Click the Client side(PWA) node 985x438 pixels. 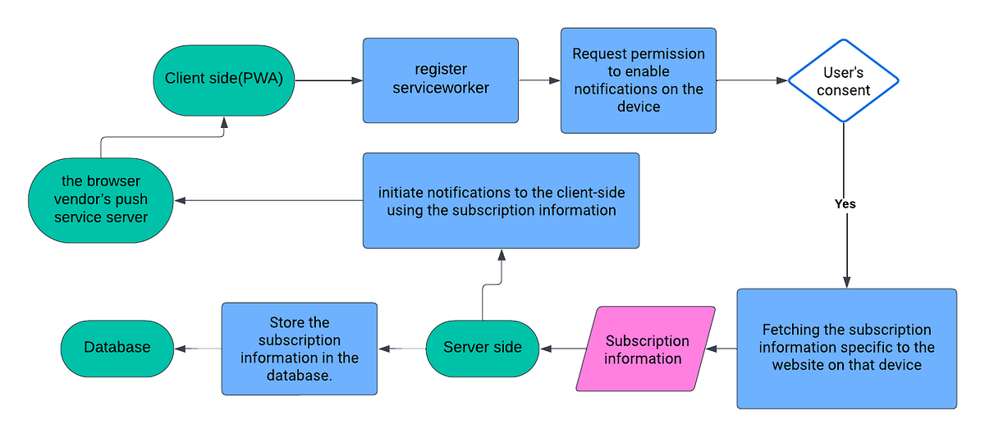coord(224,80)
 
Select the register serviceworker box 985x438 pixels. coord(441,80)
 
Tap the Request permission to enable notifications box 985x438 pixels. coord(638,80)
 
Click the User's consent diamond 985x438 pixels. coord(843,81)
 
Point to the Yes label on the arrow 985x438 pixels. coord(845,203)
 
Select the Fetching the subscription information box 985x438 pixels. coord(846,348)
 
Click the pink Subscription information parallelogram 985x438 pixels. coord(645,349)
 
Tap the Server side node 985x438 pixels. coord(483,348)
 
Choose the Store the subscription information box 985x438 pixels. coord(299,348)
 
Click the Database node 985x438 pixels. coord(117,348)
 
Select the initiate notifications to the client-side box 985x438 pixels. coord(501,200)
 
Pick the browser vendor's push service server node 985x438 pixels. coord(101,200)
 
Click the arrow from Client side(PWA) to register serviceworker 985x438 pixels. coord(328,80)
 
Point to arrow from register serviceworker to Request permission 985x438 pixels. coord(539,80)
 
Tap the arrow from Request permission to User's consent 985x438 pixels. coord(751,80)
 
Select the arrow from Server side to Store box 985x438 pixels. coord(402,349)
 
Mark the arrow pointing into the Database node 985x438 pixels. coord(198,349)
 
